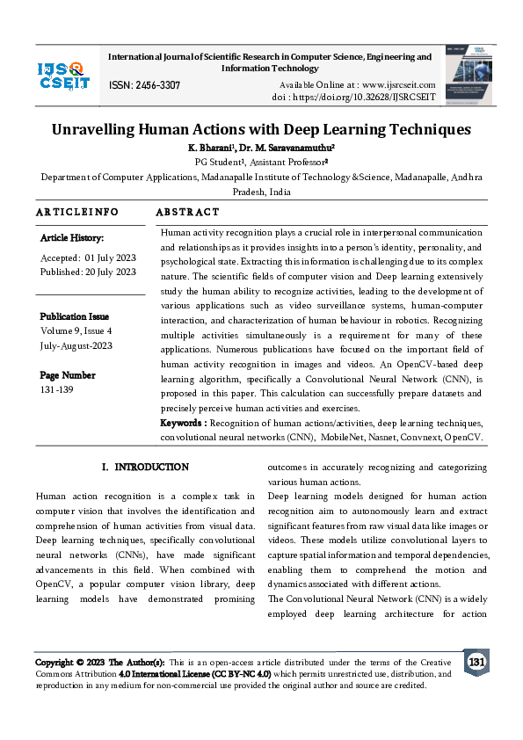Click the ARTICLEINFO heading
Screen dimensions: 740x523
[77, 213]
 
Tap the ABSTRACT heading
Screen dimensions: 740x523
[187, 213]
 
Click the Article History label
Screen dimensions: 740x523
[72, 238]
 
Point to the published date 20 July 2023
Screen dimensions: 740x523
[110, 272]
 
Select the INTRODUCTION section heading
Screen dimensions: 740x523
[152, 467]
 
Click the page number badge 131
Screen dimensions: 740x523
[476, 662]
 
